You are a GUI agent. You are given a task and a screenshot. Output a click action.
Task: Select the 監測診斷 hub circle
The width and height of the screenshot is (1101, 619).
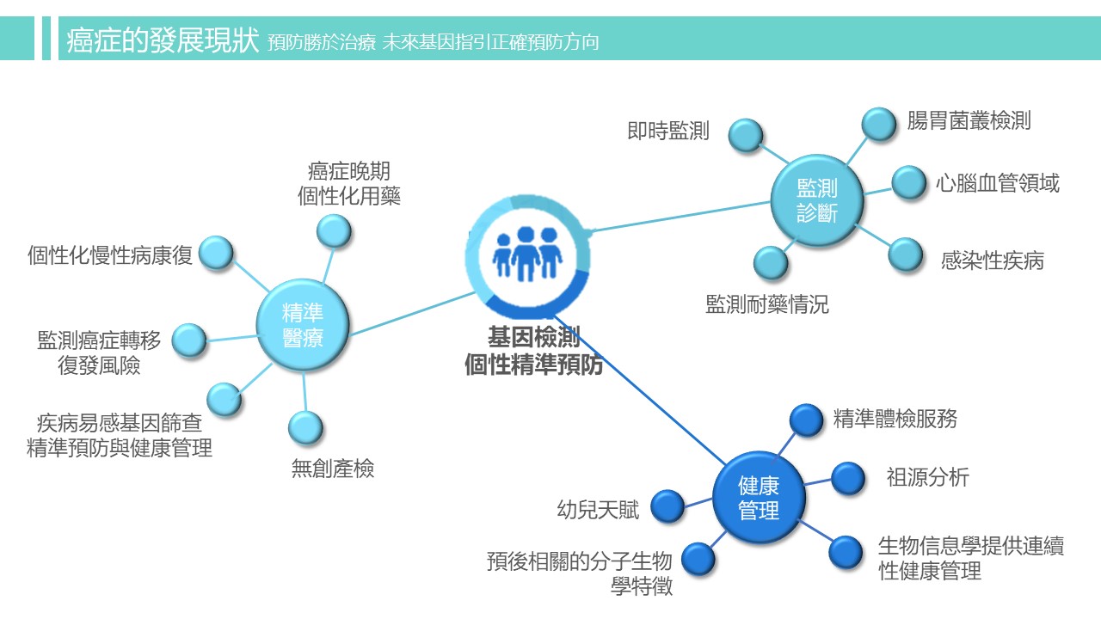(x=816, y=200)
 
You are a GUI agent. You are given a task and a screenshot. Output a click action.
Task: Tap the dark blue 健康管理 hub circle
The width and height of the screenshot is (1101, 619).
(x=759, y=498)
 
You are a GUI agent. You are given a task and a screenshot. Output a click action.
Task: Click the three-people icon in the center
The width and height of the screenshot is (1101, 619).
(x=527, y=252)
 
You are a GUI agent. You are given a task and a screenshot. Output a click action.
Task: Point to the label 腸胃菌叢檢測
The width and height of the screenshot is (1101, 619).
(x=969, y=120)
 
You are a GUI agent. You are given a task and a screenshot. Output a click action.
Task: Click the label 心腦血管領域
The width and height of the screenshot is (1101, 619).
(x=998, y=182)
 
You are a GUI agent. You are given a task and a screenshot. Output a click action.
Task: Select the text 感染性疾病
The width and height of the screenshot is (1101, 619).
(x=992, y=260)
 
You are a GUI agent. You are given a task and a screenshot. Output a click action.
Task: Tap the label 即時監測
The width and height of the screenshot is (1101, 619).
(x=668, y=132)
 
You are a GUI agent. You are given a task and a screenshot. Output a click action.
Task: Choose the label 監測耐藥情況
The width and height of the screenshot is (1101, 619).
(x=767, y=304)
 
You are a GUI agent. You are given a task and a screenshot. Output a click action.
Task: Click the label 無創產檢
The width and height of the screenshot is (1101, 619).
(x=333, y=469)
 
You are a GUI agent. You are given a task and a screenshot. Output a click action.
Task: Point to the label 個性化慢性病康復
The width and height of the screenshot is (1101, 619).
(x=110, y=254)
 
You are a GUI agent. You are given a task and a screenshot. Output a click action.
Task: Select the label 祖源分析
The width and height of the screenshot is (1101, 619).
(x=927, y=477)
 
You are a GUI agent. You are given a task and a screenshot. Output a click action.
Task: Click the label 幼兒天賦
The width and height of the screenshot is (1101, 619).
(x=599, y=510)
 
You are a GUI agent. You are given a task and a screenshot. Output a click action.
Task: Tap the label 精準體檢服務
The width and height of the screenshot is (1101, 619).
(x=895, y=419)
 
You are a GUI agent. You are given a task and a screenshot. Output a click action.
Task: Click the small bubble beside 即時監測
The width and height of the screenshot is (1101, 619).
(x=746, y=135)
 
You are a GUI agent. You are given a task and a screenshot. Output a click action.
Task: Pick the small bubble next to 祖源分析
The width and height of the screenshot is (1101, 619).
(x=848, y=479)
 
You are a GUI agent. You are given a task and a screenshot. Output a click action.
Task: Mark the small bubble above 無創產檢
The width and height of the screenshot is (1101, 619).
(x=305, y=427)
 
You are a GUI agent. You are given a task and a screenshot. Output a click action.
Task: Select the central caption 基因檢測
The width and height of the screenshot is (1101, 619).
(x=533, y=336)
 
